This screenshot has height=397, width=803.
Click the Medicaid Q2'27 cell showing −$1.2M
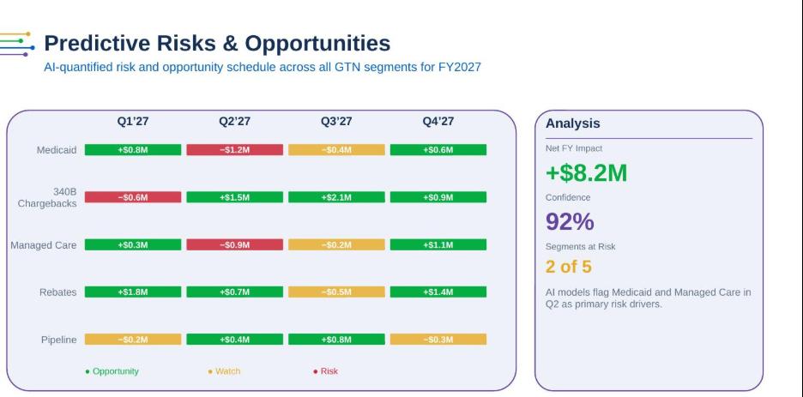tap(234, 150)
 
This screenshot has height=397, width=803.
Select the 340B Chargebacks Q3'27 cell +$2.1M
tap(336, 197)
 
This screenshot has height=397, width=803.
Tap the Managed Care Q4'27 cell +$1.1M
tap(438, 245)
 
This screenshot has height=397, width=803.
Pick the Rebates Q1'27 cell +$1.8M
tap(133, 292)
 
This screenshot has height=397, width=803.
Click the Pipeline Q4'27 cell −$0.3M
tap(438, 340)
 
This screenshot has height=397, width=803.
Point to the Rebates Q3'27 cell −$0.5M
tap(336, 292)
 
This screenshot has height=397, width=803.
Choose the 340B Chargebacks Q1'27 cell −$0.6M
tap(133, 197)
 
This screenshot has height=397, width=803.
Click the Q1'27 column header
tap(133, 121)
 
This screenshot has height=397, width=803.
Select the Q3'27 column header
tap(336, 121)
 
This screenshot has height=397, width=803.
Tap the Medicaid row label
tap(57, 150)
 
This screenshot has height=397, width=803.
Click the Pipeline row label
tap(59, 340)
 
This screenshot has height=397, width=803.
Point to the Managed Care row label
tap(44, 245)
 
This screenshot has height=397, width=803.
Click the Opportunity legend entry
tap(112, 371)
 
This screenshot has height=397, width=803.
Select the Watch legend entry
tap(224, 371)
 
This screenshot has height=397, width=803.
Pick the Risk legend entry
tap(326, 371)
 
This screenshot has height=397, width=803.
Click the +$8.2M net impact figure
tap(586, 173)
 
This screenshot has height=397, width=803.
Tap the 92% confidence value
tap(570, 221)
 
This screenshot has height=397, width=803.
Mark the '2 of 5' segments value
tap(569, 267)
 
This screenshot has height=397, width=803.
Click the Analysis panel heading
tap(572, 123)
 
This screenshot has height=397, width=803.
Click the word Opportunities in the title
tap(317, 44)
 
